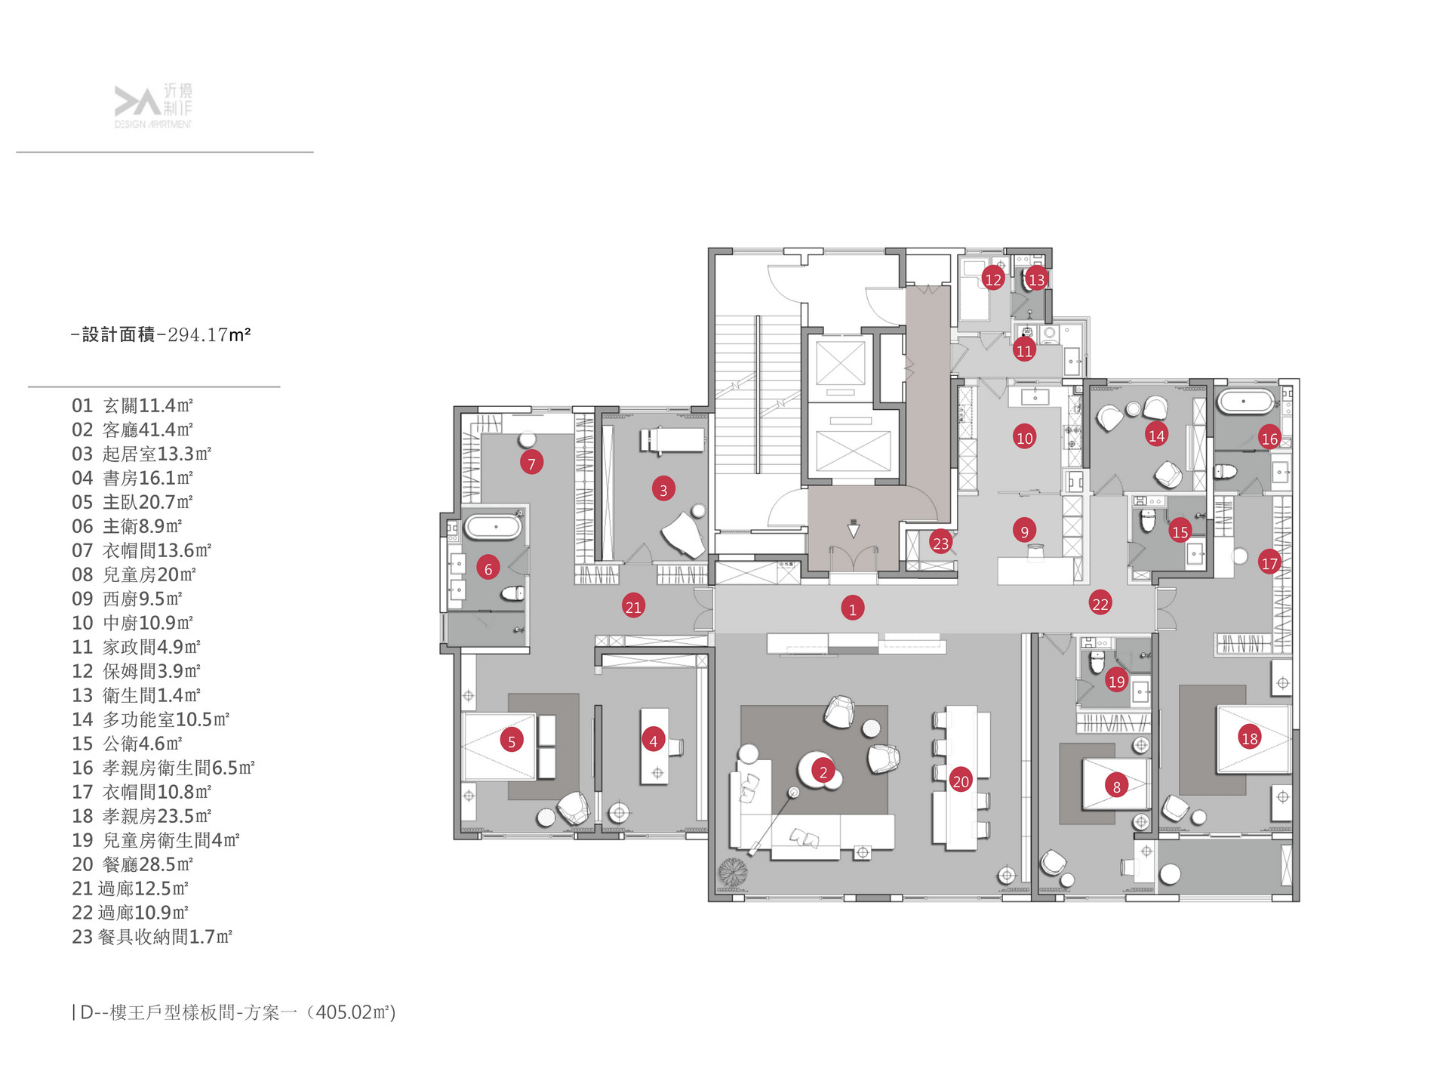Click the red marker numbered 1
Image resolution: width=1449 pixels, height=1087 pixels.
853,608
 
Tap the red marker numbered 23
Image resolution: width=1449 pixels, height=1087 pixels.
940,543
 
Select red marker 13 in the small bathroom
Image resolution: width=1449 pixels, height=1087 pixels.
1036,279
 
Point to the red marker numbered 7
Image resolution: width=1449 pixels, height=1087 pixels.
531,463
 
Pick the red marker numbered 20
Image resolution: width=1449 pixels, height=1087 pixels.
960,781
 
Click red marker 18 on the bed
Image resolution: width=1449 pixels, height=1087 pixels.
1250,737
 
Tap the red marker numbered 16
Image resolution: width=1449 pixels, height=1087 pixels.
1269,438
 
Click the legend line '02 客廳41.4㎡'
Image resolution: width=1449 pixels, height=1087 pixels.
133,430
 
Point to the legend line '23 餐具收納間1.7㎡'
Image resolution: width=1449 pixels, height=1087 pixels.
152,937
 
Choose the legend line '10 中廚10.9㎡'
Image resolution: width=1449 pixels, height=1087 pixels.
133,623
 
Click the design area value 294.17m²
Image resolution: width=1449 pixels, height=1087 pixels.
209,334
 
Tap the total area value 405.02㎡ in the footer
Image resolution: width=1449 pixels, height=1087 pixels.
355,1012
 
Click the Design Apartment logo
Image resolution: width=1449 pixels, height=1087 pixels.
153,106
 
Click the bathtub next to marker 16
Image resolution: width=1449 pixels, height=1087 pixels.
1247,401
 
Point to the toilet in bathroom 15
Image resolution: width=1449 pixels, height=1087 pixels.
1147,520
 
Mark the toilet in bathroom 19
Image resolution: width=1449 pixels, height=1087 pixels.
1097,661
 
